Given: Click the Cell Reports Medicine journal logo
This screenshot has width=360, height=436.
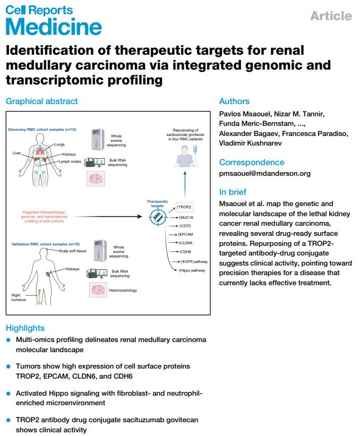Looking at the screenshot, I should click(53, 19).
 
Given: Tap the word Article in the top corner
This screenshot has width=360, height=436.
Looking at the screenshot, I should click(330, 16).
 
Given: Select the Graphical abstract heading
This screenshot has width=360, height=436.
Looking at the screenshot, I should click(41, 101).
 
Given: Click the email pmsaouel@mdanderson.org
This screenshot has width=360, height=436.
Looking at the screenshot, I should click(264, 173).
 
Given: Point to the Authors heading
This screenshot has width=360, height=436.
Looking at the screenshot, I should click(234, 101).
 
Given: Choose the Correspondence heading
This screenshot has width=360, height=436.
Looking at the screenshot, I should click(251, 162).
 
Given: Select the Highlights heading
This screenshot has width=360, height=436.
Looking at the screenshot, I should click(25, 328).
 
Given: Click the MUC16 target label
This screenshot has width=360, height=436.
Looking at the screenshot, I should click(187, 217).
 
